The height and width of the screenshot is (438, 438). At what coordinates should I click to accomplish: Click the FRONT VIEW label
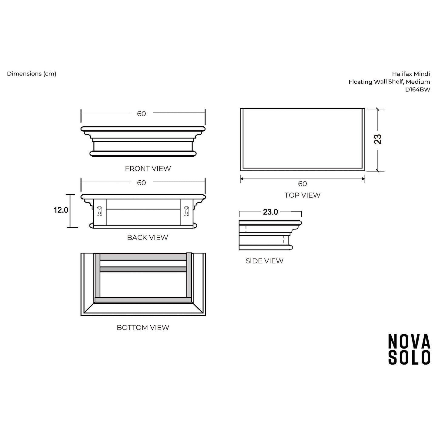[148, 169]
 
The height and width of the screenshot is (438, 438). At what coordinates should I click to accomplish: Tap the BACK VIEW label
[148, 237]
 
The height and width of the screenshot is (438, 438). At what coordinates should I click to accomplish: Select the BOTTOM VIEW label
[143, 327]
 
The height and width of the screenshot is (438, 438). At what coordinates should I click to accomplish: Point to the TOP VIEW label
[302, 195]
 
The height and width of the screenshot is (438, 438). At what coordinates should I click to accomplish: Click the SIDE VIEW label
[264, 261]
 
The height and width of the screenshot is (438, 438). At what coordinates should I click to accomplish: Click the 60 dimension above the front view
[142, 114]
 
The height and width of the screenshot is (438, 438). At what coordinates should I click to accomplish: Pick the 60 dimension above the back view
[142, 183]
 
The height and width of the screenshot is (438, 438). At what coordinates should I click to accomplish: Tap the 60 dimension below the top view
[302, 184]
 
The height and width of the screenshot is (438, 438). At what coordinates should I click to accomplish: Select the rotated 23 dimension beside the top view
[378, 139]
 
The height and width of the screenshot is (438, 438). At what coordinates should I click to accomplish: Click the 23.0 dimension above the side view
[270, 212]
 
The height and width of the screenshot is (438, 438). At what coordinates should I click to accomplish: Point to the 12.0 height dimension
[61, 210]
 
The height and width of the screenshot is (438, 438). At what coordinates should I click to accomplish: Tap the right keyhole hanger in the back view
[186, 211]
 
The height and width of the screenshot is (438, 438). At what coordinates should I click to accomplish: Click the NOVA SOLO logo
[409, 349]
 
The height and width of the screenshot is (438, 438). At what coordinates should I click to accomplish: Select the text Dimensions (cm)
[32, 74]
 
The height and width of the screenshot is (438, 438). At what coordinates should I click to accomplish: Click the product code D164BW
[417, 90]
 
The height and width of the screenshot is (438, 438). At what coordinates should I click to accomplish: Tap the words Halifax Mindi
[411, 74]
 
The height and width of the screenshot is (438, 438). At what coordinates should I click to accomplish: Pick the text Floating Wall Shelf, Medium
[389, 82]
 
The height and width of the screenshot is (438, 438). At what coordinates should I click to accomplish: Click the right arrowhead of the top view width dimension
[363, 179]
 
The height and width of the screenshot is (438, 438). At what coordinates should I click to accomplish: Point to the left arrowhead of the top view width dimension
[242, 179]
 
